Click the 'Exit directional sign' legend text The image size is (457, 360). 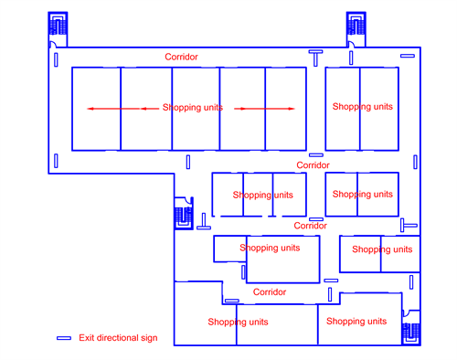point(118,338)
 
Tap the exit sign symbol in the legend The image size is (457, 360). point(64,338)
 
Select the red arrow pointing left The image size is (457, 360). point(115,109)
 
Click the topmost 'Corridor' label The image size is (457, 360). point(181,57)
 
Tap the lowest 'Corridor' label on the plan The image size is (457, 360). point(270,292)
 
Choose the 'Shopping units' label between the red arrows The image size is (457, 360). point(193,108)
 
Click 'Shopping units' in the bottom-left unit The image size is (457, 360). point(238,322)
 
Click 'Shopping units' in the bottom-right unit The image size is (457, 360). point(356,321)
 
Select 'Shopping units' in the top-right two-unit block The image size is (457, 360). point(362,107)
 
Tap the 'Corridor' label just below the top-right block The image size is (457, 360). point(313,165)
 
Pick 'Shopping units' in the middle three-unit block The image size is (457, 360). point(262,195)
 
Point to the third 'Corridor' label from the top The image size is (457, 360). point(310,225)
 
